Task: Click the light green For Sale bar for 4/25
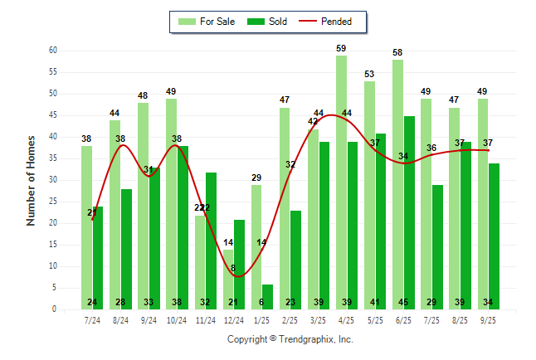[x=341, y=182]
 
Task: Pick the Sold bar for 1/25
[x=267, y=297]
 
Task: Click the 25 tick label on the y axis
[x=52, y=202]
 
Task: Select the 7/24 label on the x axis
[x=92, y=319]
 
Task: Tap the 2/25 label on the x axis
[x=290, y=319]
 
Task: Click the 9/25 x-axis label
[x=488, y=319]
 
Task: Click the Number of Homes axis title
[x=31, y=180]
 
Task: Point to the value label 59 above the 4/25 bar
[x=341, y=49]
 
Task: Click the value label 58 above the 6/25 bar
[x=397, y=53]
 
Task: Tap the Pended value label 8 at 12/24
[x=233, y=268]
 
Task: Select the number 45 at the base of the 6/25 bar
[x=409, y=302]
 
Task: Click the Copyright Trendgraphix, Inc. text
[x=290, y=339]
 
